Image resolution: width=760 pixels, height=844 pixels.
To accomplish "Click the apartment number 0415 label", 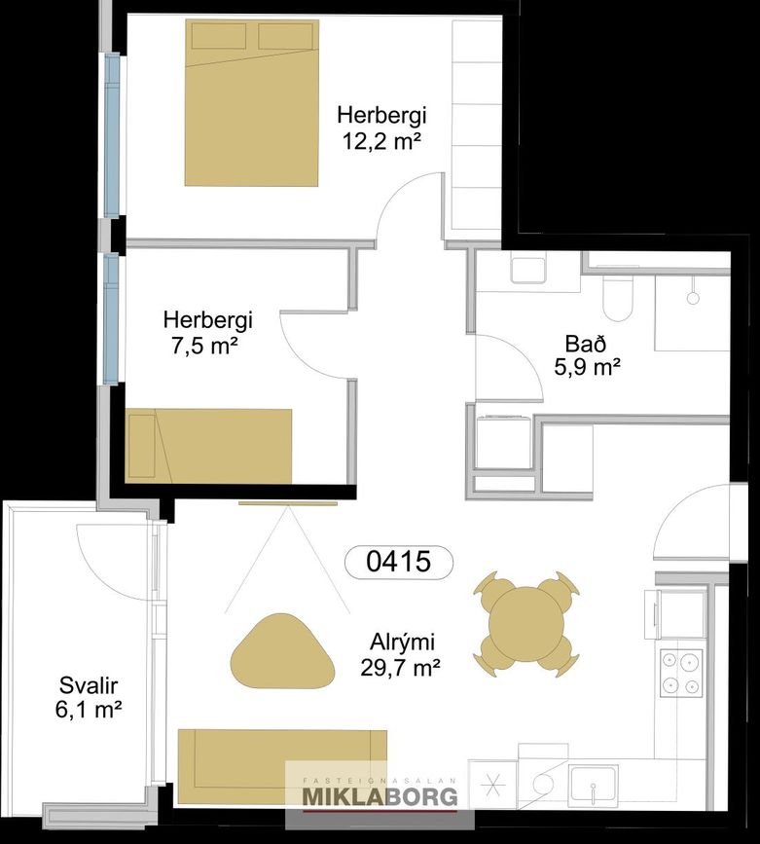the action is tap(398, 562).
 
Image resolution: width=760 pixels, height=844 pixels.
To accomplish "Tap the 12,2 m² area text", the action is tap(381, 141).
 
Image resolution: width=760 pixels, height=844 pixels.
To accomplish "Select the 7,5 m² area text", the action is tap(204, 347).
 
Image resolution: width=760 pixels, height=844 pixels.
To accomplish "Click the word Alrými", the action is tap(402, 642).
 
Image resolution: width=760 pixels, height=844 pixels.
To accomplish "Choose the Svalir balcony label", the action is tap(89, 685).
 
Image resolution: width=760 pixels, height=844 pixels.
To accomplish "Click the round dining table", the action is tap(525, 624).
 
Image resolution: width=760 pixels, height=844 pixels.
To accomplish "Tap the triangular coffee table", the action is tap(282, 651).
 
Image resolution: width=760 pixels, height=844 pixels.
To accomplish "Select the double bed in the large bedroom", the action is tap(251, 103).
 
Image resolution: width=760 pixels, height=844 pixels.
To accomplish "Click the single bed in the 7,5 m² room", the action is tap(208, 446).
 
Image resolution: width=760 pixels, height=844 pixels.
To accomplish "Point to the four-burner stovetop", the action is tap(681, 672).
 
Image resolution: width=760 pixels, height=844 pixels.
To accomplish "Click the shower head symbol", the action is tap(693, 297).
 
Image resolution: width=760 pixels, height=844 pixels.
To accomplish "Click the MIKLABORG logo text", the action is tap(380, 796).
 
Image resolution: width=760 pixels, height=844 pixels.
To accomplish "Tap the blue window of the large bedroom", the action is tap(111, 135).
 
